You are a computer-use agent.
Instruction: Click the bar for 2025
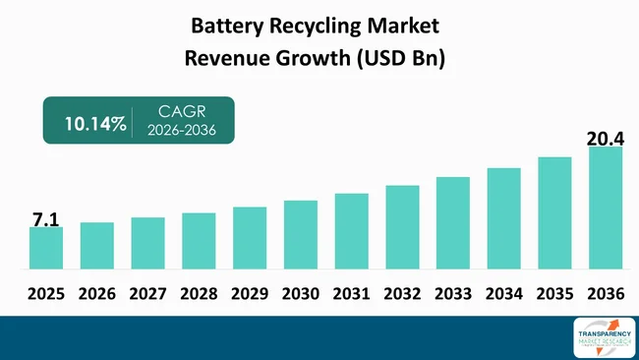[45, 248]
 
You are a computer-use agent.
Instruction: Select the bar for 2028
[199, 241]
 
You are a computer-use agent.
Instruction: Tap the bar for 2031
[351, 231]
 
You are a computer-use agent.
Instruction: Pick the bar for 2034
[503, 218]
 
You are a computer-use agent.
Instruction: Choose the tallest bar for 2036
[606, 208]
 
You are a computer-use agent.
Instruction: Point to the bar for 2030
[300, 235]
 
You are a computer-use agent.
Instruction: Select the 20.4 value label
[605, 138]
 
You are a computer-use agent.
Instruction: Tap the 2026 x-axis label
[96, 293]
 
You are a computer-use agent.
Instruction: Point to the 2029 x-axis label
[249, 293]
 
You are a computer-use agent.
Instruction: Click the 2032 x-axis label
[402, 293]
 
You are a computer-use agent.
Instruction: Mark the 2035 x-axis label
[554, 293]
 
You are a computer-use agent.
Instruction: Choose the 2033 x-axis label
[453, 293]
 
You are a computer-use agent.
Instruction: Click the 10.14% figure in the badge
[95, 124]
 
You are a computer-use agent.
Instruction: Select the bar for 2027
[147, 243]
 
